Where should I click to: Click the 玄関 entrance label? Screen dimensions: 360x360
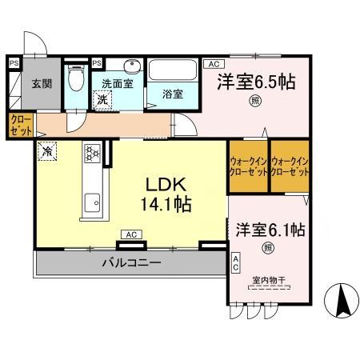[x=42, y=82]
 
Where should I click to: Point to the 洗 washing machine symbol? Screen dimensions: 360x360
[x=102, y=100]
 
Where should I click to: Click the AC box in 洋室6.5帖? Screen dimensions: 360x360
[x=212, y=64]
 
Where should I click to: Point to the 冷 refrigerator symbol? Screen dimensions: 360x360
[x=49, y=149]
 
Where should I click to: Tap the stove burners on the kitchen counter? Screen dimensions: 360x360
[x=90, y=151]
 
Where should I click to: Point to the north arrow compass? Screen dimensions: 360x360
[x=340, y=302]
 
